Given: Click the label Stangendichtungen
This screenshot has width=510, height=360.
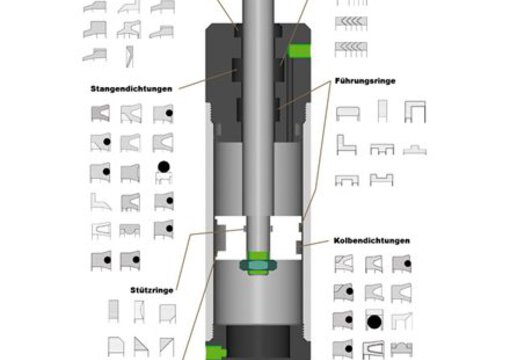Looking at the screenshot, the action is click(x=131, y=89).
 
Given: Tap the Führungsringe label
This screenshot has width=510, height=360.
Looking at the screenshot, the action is click(x=365, y=81).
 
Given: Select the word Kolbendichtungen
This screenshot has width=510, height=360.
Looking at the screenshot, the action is click(x=372, y=241).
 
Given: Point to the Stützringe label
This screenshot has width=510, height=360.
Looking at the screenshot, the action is click(x=152, y=290).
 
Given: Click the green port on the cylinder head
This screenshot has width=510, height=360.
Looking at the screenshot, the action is click(x=299, y=51).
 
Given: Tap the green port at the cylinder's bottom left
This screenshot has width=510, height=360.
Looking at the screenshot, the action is click(x=215, y=352).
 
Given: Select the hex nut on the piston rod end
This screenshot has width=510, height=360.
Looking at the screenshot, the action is click(x=258, y=265).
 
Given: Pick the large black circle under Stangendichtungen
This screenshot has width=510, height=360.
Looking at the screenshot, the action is click(x=163, y=167).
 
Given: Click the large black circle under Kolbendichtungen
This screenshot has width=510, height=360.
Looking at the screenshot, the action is click(x=374, y=322).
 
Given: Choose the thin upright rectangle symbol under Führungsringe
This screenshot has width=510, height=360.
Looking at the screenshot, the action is click(x=382, y=111).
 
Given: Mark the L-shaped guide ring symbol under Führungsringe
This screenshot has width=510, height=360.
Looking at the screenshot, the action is click(x=346, y=145).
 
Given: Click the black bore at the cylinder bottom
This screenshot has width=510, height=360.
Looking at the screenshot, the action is click(x=258, y=342).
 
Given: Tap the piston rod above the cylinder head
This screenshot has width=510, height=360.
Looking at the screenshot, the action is click(x=258, y=12).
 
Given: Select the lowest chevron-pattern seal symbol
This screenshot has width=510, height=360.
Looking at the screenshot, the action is click(x=351, y=49).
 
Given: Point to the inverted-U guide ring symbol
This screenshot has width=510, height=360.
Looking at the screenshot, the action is click(x=415, y=112).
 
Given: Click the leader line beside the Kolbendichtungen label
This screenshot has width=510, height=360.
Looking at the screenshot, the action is click(x=316, y=242).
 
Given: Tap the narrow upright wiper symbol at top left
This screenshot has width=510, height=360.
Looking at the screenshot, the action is click(x=129, y=56).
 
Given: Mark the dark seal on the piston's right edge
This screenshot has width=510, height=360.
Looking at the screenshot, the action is click(x=299, y=247).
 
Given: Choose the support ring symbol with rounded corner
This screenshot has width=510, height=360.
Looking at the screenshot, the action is click(x=116, y=346).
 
